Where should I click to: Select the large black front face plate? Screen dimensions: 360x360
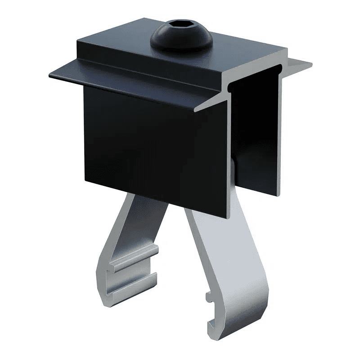pyautogui.click(x=153, y=144)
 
